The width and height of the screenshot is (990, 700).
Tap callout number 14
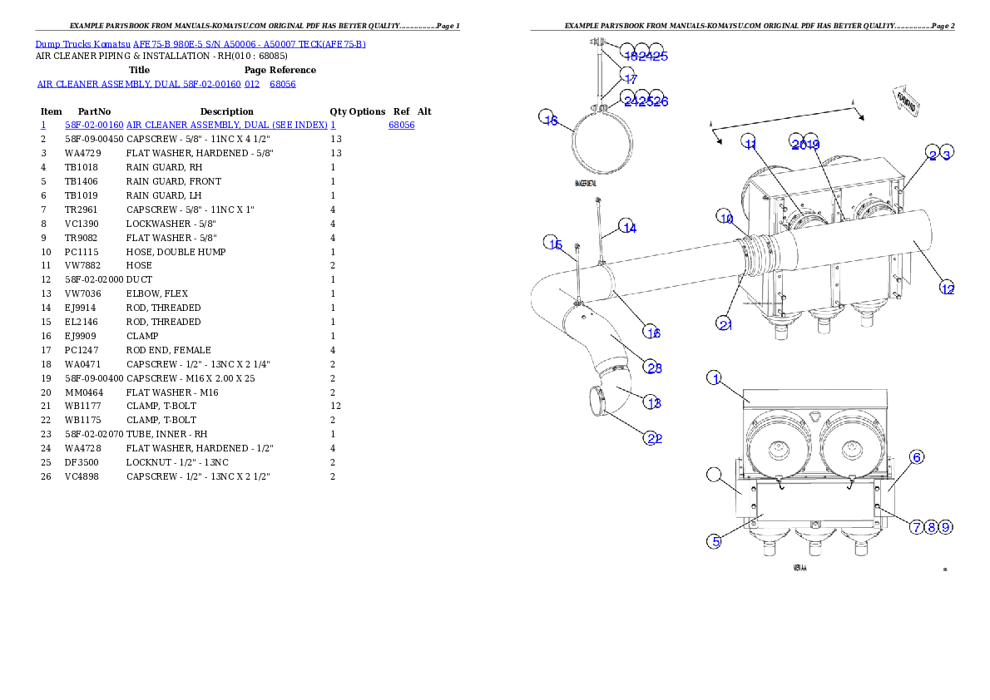click(x=628, y=227)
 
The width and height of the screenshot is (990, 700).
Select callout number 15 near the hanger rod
click(x=554, y=244)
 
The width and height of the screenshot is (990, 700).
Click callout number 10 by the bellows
click(x=725, y=218)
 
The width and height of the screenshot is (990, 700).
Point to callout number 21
click(x=725, y=323)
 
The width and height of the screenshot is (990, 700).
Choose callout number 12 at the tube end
click(x=947, y=288)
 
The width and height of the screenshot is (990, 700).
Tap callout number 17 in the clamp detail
click(x=629, y=78)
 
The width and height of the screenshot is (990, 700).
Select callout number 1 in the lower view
click(x=714, y=378)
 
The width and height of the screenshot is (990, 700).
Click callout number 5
click(x=714, y=541)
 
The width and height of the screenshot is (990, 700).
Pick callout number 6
click(x=915, y=456)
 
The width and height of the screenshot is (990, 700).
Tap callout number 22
click(x=653, y=437)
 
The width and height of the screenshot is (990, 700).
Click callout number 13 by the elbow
click(x=653, y=402)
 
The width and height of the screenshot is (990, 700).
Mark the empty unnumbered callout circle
click(x=714, y=475)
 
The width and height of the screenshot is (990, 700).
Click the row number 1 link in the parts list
click(x=42, y=125)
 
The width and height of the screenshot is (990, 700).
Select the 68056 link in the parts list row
click(x=401, y=125)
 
